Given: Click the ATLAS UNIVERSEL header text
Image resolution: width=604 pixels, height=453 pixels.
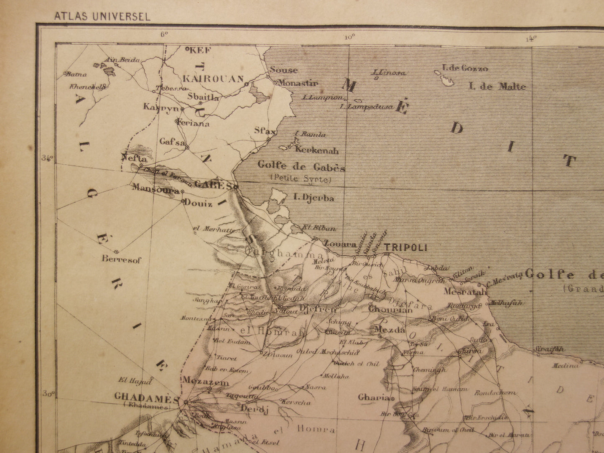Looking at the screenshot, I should [102, 17].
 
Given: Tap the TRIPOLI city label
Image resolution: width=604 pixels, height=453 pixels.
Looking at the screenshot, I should [405, 247].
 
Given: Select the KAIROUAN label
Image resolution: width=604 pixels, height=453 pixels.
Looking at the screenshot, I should [213, 79].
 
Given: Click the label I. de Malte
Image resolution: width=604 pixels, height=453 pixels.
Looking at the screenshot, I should [497, 87].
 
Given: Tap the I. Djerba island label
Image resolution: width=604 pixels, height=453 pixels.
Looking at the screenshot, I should [314, 198].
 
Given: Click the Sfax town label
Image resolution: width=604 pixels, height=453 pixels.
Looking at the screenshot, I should [265, 131].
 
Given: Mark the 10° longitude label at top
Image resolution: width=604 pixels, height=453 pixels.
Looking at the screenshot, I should [350, 37].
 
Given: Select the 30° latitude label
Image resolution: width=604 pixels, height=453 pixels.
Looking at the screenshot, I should [48, 394].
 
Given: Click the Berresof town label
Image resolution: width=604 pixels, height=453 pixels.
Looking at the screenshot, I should [122, 260].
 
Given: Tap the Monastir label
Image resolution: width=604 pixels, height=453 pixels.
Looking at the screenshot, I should [298, 83].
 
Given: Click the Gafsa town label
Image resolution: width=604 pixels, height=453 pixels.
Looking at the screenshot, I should [172, 142].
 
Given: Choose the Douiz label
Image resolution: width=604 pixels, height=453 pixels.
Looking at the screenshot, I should [202, 204].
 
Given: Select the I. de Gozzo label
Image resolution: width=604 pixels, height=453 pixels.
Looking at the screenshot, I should [465, 69].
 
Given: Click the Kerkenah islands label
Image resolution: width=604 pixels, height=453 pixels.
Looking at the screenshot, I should [317, 150].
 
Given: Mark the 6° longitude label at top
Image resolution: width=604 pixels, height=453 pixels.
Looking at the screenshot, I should [163, 34].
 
